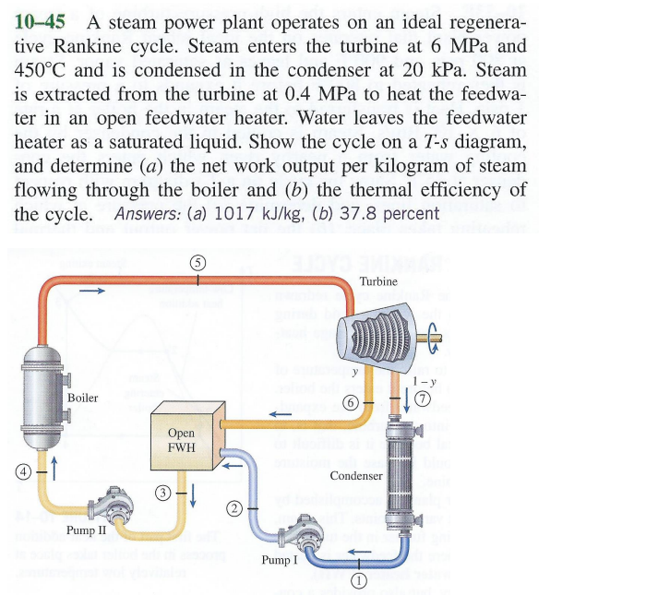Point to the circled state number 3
[162, 493]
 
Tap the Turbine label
[378, 280]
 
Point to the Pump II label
[87, 531]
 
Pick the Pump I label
[280, 560]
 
